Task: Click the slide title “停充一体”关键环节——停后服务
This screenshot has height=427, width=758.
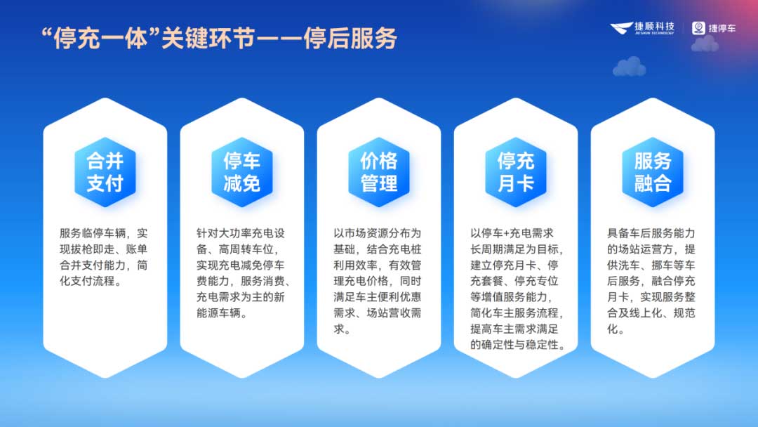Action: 220,39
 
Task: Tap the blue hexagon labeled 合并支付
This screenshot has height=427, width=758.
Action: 105,172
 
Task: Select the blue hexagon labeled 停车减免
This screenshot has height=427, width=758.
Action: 242,172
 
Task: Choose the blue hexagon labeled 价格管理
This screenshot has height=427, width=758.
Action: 379,172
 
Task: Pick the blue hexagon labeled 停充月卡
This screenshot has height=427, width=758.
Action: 516,172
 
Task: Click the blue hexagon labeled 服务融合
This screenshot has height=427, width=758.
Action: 653,172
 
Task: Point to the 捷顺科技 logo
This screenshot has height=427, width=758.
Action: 642,28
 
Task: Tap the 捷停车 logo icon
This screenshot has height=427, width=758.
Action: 699,28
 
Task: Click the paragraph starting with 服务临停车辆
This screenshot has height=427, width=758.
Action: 105,257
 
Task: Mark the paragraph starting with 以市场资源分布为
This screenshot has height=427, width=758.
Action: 379,281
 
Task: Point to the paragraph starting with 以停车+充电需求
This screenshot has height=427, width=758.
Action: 516,289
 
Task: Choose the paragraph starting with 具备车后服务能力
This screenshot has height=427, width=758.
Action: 653,281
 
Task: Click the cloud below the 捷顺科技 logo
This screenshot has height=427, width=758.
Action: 629,67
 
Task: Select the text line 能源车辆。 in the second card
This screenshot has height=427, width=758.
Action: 222,314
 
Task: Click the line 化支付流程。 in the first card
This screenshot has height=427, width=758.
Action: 91,282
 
